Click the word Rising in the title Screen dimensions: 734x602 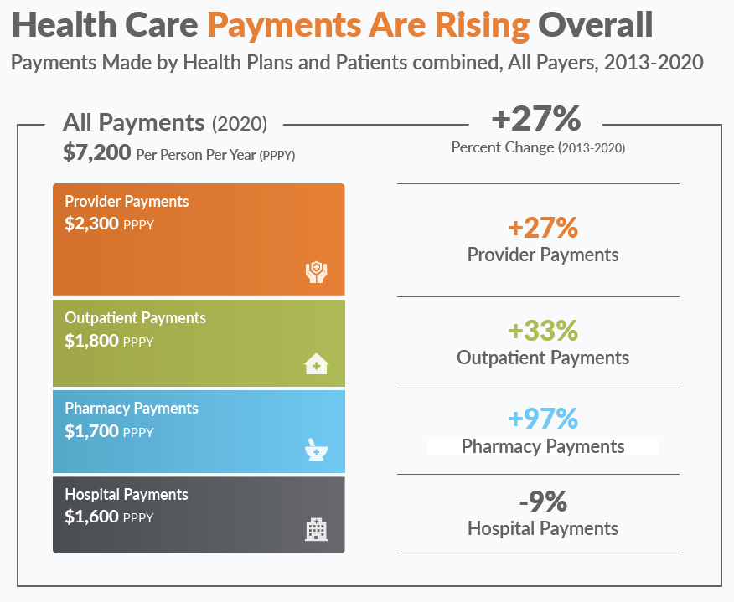(x=482, y=26)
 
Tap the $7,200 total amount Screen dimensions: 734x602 (x=97, y=152)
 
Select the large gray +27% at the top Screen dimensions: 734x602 (x=536, y=118)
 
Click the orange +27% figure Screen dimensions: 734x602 (x=543, y=228)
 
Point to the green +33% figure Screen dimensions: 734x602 (x=543, y=330)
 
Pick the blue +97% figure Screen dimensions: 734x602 (x=543, y=418)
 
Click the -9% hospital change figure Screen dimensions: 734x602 (x=543, y=502)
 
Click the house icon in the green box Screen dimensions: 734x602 (x=317, y=364)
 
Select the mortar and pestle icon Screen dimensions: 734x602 (x=317, y=449)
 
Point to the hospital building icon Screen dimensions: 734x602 (x=317, y=529)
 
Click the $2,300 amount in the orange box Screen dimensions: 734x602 (x=92, y=224)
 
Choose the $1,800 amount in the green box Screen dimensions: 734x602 (x=92, y=341)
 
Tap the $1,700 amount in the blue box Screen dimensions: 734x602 (x=92, y=431)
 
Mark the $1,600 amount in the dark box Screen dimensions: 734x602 (x=92, y=517)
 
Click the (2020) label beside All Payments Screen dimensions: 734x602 (x=240, y=124)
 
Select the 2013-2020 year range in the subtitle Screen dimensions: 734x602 (x=654, y=62)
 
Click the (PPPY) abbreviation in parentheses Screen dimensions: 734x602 (x=277, y=155)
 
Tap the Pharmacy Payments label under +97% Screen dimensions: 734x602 (x=543, y=447)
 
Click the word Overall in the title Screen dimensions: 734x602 (x=596, y=25)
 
